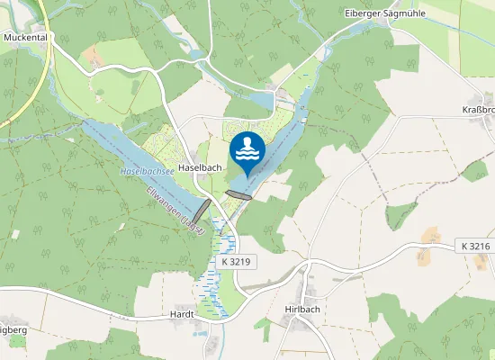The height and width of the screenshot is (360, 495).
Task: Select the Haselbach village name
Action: pyautogui.click(x=200, y=168)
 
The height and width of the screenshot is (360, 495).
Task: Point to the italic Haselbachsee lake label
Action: pyautogui.click(x=148, y=169)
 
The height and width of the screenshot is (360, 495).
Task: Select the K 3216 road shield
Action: pyautogui.click(x=474, y=246)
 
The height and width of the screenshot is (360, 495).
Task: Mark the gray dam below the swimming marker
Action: pyautogui.click(x=239, y=194)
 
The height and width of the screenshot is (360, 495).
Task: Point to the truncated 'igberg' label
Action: pyautogui.click(x=13, y=330)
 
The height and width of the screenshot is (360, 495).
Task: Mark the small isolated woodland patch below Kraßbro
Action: pyautogui.click(x=474, y=171)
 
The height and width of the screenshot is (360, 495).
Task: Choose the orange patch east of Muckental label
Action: pyautogui.click(x=93, y=56)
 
